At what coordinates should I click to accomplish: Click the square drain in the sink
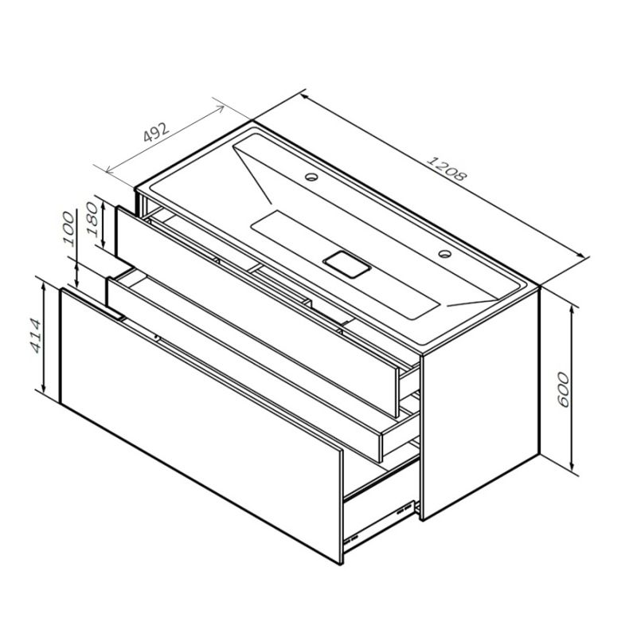[346, 263]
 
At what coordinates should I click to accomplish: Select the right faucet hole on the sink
[443, 256]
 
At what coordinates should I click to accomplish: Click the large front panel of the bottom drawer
[199, 422]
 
